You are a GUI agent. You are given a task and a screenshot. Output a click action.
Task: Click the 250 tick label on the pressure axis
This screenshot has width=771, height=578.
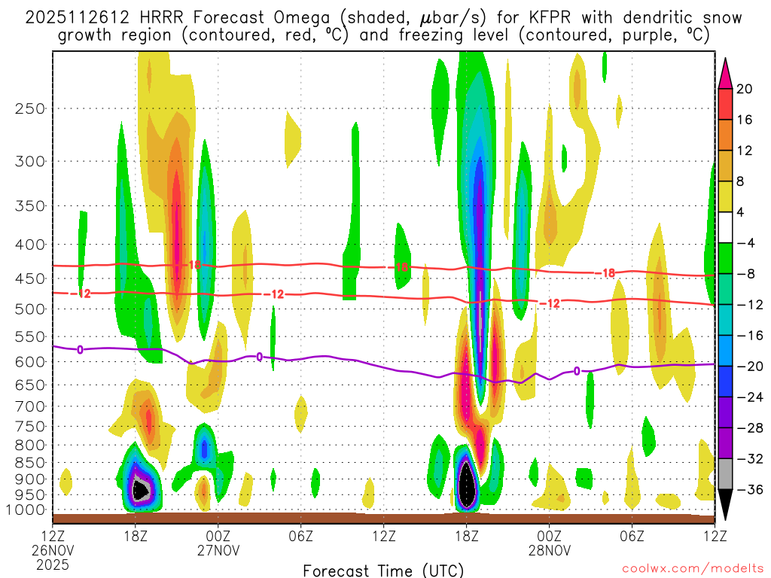[30, 108]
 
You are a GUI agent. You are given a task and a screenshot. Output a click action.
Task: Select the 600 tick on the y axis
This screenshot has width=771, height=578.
[30, 362]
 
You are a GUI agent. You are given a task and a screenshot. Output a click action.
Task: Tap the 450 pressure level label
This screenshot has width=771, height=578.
[30, 279]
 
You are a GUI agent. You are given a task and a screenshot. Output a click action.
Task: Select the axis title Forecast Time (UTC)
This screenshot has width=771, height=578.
[384, 570]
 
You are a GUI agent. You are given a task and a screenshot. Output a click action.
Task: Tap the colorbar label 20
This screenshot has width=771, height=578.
[745, 89]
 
